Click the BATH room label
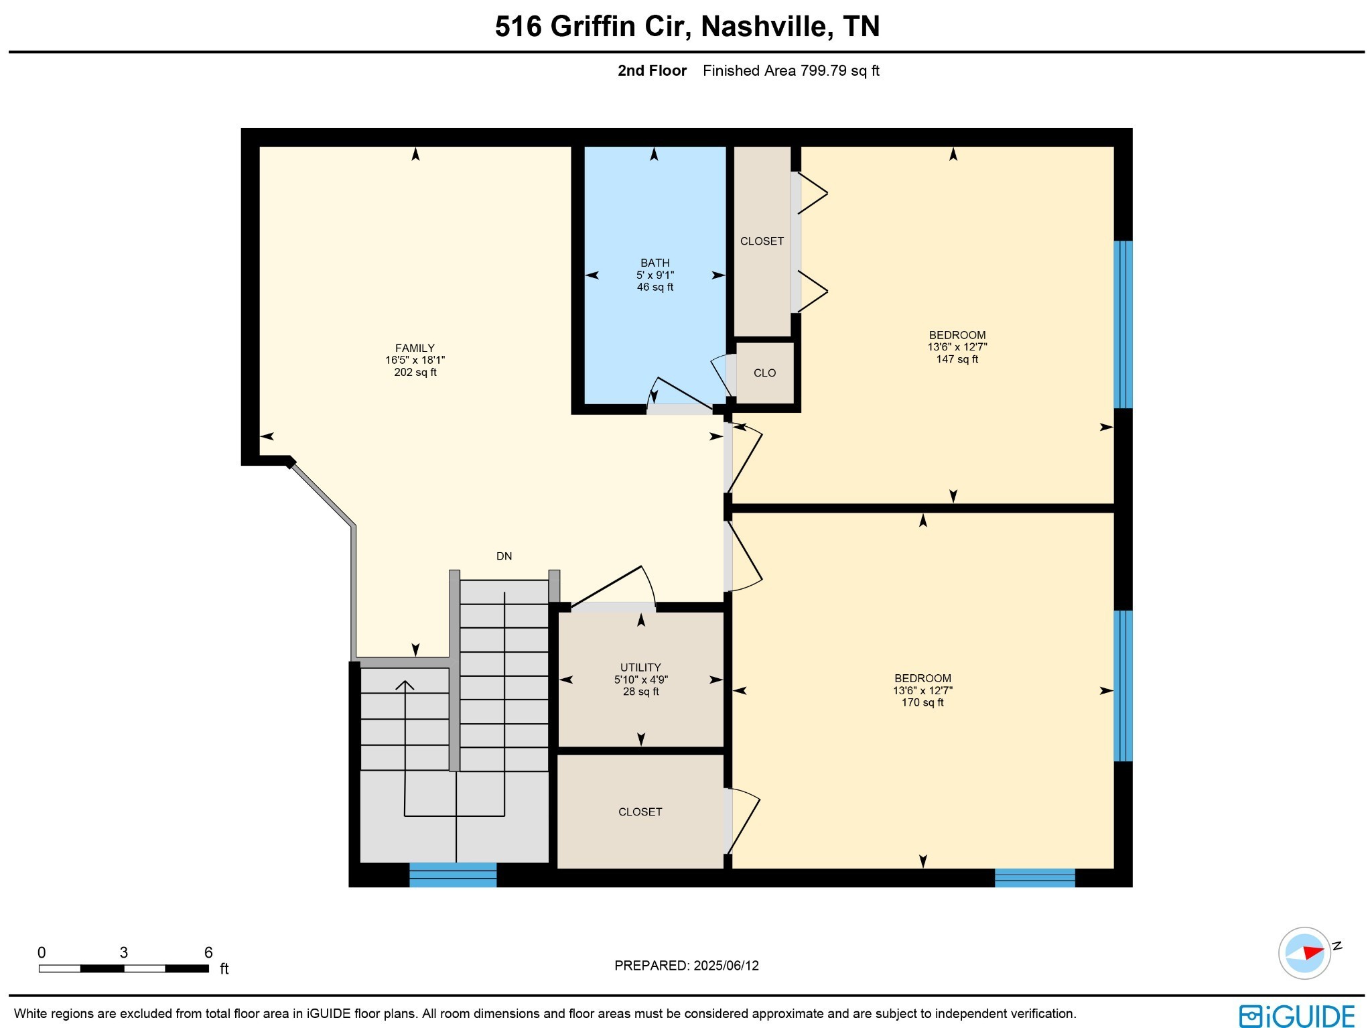(x=655, y=263)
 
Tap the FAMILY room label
(x=415, y=348)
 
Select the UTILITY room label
(x=640, y=667)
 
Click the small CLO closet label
(x=764, y=373)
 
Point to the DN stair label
(x=504, y=556)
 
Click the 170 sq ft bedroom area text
(x=922, y=702)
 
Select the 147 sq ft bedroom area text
(x=957, y=359)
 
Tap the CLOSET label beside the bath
(x=762, y=241)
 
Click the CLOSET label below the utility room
(x=640, y=812)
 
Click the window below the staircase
(x=453, y=875)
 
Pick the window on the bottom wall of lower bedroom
(x=1034, y=877)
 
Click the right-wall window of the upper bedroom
(x=1123, y=324)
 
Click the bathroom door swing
(x=680, y=394)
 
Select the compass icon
(x=1304, y=953)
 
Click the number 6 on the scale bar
(x=208, y=952)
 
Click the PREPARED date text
(x=686, y=966)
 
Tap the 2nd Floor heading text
(x=652, y=70)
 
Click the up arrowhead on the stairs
(x=405, y=685)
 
